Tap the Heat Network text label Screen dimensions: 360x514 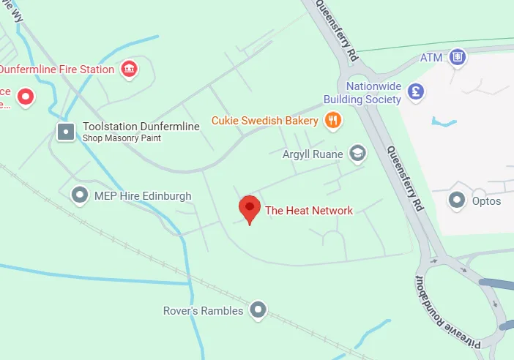tap(309, 211)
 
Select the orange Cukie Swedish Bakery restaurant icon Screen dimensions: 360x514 tap(333, 121)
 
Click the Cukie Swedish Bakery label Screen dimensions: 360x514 tap(265, 121)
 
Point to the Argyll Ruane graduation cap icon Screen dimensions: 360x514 tap(357, 153)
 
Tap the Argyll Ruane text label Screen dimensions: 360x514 tap(313, 154)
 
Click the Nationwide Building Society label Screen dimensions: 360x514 tap(363, 92)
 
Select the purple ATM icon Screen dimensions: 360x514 tap(458, 56)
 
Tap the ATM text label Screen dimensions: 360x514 tap(432, 57)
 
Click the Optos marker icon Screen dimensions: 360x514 tap(458, 199)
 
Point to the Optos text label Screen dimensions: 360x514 tap(486, 200)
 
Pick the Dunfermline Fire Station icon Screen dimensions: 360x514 tap(129, 70)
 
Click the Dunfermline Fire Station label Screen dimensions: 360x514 tap(57, 70)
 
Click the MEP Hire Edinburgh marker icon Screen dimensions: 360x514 tap(79, 195)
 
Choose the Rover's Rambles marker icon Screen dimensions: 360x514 tap(257, 310)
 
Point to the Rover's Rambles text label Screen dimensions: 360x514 tap(203, 311)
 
